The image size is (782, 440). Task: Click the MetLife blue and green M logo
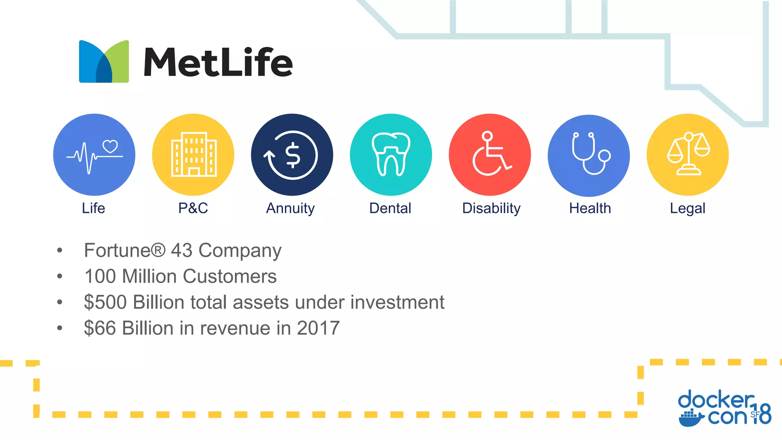[104, 61]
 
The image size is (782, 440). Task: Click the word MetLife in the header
[218, 62]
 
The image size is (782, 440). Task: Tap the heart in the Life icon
[110, 146]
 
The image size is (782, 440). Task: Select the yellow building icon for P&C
[194, 155]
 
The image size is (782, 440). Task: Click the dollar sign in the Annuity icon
[293, 155]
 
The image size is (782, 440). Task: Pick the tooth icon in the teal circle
[391, 154]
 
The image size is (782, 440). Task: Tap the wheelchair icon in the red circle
[490, 154]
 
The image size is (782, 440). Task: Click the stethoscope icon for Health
[590, 154]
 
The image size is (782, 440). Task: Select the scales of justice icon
[688, 154]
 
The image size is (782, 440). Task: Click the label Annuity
[290, 209]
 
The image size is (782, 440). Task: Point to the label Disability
[491, 209]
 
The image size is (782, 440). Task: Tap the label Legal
[687, 209]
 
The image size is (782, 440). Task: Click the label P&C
[193, 208]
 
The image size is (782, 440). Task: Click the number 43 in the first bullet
[181, 251]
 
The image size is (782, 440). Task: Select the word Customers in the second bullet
[229, 277]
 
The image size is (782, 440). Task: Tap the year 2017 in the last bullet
[318, 328]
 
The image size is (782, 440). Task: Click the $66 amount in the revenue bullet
[100, 328]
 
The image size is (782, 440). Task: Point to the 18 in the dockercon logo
[762, 414]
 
